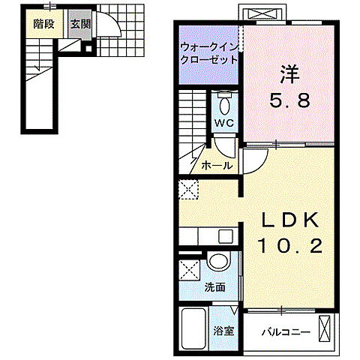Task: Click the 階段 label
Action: (x=43, y=23)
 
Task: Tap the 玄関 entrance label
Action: (x=80, y=23)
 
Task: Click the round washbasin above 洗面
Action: (x=217, y=262)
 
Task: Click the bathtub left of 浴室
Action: (x=193, y=327)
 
